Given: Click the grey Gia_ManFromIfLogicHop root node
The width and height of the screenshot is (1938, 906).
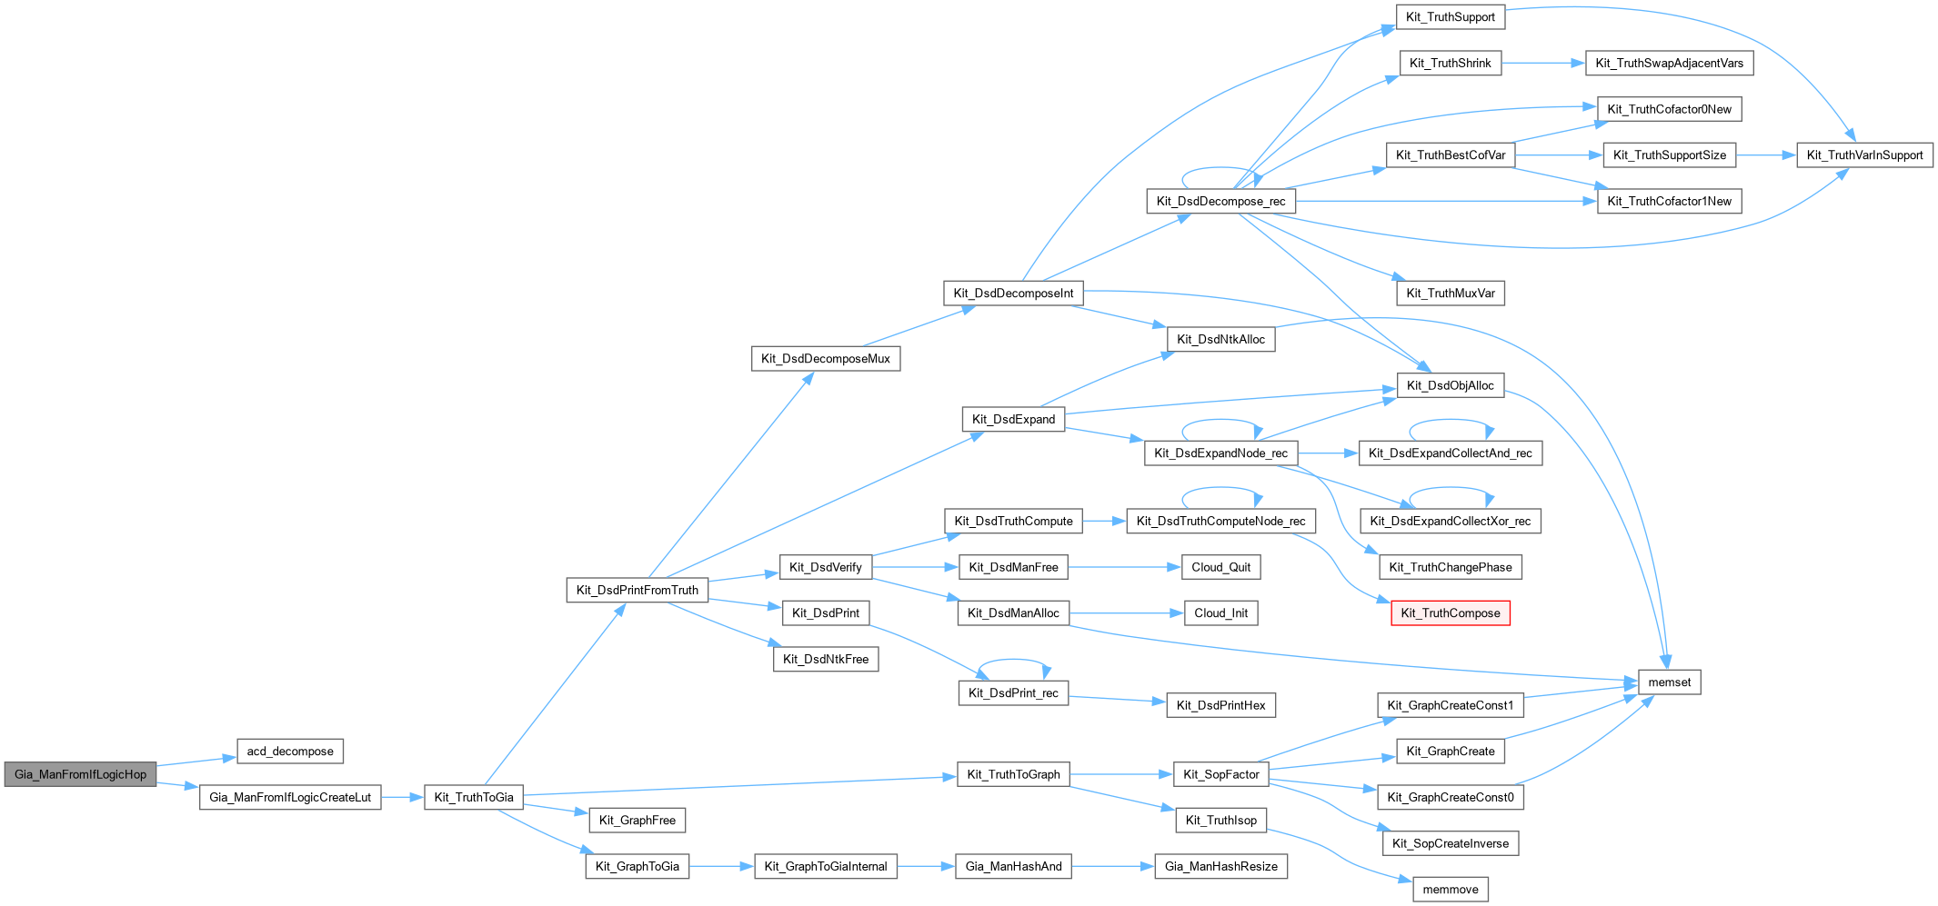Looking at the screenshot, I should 80,774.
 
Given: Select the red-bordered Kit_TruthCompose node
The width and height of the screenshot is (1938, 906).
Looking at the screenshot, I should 1450,613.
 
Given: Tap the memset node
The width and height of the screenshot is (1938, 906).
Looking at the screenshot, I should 1669,682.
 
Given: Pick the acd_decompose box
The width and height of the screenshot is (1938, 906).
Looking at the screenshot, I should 290,752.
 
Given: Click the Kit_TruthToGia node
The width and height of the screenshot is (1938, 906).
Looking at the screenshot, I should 473,798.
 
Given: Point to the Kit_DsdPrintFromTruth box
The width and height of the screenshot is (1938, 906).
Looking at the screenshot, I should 637,590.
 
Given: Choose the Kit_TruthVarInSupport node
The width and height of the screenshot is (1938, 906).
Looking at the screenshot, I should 1864,155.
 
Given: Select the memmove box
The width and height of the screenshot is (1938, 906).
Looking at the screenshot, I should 1450,890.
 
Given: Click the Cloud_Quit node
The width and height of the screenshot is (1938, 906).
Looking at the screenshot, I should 1220,567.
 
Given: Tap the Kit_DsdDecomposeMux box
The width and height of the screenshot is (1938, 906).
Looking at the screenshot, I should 825,359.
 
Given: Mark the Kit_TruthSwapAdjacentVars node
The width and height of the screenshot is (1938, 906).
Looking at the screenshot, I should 1669,64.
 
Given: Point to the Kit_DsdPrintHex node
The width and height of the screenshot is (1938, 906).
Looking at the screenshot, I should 1220,705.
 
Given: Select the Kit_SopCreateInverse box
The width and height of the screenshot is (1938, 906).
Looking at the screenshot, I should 1450,843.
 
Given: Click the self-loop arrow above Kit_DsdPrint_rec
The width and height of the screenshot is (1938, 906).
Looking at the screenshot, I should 1013,662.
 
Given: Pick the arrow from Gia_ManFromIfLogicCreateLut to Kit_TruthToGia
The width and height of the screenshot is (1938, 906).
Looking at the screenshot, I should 402,798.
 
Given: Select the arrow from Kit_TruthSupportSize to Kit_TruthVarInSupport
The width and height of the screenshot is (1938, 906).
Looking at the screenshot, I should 1765,155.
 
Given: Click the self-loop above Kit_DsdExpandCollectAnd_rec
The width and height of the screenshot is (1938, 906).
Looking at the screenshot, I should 1450,421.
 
